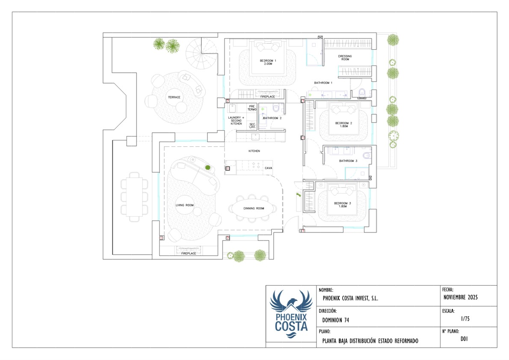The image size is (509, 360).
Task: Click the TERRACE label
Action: [x=174, y=97]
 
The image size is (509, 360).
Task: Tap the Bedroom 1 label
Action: [x=268, y=62]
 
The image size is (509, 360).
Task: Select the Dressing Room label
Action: [x=345, y=57]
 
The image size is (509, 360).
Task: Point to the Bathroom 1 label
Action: [x=323, y=83]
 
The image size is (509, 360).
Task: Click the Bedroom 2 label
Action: [x=343, y=125]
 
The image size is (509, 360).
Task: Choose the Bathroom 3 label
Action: [x=348, y=161]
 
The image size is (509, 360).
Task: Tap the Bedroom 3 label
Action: [x=343, y=205]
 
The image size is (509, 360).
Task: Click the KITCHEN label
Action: [x=254, y=151]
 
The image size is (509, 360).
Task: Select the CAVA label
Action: [x=269, y=168]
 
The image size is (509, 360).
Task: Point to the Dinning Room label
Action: [x=254, y=208]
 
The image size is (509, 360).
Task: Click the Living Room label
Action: [x=184, y=205]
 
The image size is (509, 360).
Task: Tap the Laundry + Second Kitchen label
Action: [x=236, y=121]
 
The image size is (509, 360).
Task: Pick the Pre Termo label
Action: [x=252, y=108]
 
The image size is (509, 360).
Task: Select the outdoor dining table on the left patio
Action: [x=134, y=197]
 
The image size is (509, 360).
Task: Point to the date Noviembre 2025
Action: [x=460, y=298]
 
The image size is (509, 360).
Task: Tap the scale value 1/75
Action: [x=465, y=319]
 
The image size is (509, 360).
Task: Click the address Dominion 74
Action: [x=336, y=320]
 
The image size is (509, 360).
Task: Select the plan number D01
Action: [x=464, y=339]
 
